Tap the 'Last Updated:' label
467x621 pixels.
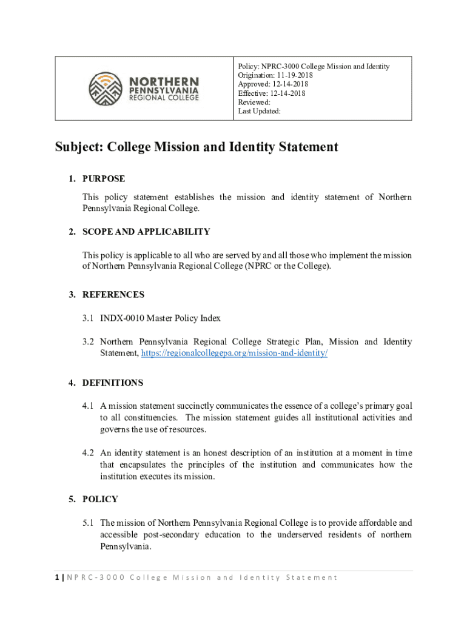pyautogui.click(x=259, y=112)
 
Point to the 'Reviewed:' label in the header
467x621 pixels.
pyautogui.click(x=254, y=102)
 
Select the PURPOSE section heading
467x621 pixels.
pyautogui.click(x=104, y=179)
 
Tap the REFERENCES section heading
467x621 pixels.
pyautogui.click(x=113, y=295)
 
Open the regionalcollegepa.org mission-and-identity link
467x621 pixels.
pyautogui.click(x=234, y=353)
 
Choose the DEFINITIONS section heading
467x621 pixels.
pyautogui.click(x=113, y=383)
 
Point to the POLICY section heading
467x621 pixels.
pyautogui.click(x=100, y=500)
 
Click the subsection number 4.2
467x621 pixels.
pyautogui.click(x=89, y=453)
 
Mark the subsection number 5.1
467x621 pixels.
pyautogui.click(x=89, y=523)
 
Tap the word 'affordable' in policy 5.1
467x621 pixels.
pyautogui.click(x=374, y=523)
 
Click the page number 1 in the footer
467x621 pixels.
pyautogui.click(x=57, y=577)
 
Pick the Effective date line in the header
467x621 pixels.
pyautogui.click(x=272, y=93)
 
